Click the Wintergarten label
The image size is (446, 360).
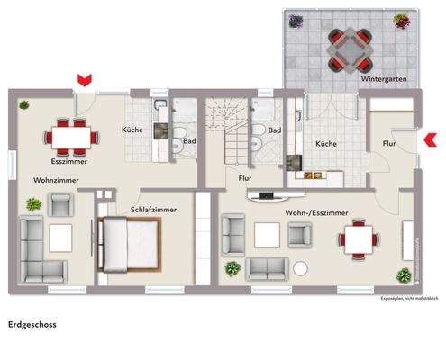coord(382,79)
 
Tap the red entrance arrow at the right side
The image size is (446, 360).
coord(430,138)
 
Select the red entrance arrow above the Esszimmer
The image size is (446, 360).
coord(84,81)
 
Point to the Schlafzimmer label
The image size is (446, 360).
coord(153,209)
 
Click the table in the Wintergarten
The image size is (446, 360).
coord(347,49)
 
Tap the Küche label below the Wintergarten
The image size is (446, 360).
coord(326,143)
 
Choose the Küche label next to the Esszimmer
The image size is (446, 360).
coord(132,130)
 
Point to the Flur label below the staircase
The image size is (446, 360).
coord(244,178)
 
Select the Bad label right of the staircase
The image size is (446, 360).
coord(275,130)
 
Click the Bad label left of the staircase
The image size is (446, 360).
coord(190,141)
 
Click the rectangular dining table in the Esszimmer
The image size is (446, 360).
coord(71,136)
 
